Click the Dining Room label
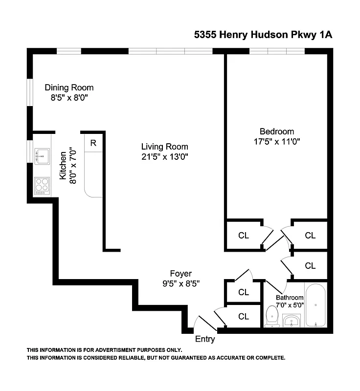[69, 87]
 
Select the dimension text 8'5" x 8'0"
[69, 97]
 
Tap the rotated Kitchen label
[63, 166]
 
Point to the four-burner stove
[43, 186]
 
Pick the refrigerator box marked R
[93, 143]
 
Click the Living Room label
[164, 147]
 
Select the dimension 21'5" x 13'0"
[164, 156]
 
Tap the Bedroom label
[276, 131]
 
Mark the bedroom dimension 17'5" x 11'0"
[276, 142]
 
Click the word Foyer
[180, 274]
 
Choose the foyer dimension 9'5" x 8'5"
[180, 283]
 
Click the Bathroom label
[290, 297]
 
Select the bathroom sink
[292, 322]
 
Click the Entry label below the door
[205, 339]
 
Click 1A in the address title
[324, 35]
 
